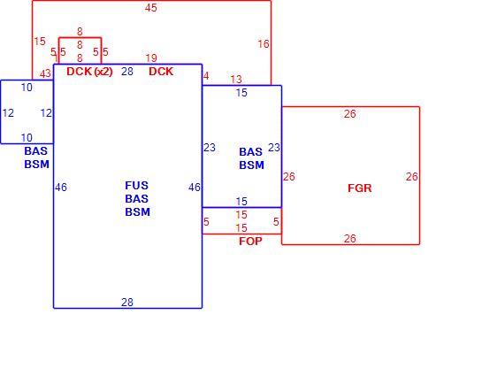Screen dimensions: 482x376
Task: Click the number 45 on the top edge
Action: pos(151,8)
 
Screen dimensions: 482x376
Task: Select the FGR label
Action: pos(360,188)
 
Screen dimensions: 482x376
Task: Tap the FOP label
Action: pos(250,242)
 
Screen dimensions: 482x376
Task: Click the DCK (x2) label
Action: pos(89,72)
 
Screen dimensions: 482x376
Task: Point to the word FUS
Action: pos(136,186)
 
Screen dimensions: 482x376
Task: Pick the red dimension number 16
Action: pos(264,44)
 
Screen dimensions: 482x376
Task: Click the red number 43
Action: pos(45,73)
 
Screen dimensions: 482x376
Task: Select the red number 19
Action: pos(151,58)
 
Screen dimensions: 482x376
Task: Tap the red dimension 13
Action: pos(236,80)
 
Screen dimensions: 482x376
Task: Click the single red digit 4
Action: pos(206,76)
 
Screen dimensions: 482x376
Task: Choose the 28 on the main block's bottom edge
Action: pos(127,303)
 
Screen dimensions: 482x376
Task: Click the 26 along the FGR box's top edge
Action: pos(350,114)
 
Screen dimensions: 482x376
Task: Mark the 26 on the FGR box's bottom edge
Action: pos(350,239)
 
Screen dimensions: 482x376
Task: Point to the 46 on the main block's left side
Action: pos(61,188)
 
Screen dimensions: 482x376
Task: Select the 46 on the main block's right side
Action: pos(195,188)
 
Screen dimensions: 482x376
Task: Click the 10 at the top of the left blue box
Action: pos(27,88)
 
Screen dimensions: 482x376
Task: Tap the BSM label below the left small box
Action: pos(37,165)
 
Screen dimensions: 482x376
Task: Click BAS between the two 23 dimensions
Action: pos(251,152)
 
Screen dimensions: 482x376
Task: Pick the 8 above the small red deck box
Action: pos(80,32)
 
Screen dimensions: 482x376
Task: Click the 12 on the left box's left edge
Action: pos(8,113)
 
